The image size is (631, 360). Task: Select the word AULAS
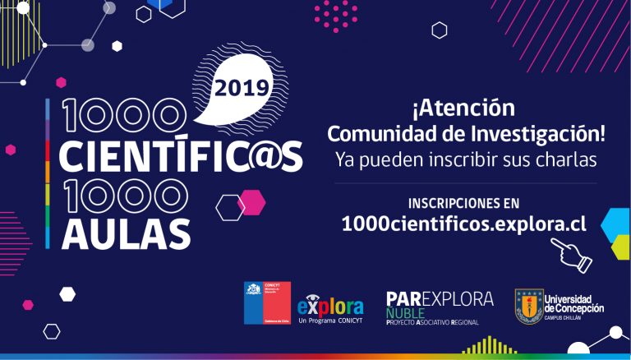125,233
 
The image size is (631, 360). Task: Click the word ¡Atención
464,108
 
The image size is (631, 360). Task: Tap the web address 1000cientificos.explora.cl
463,224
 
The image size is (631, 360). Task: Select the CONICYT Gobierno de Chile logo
267,302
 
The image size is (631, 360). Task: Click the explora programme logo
330,307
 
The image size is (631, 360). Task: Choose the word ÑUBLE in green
404,313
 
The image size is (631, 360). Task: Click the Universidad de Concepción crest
528,306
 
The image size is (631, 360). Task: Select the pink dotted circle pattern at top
335,13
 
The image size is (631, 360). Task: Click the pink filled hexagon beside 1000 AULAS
251,201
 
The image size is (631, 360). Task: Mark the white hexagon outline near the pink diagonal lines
440,30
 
